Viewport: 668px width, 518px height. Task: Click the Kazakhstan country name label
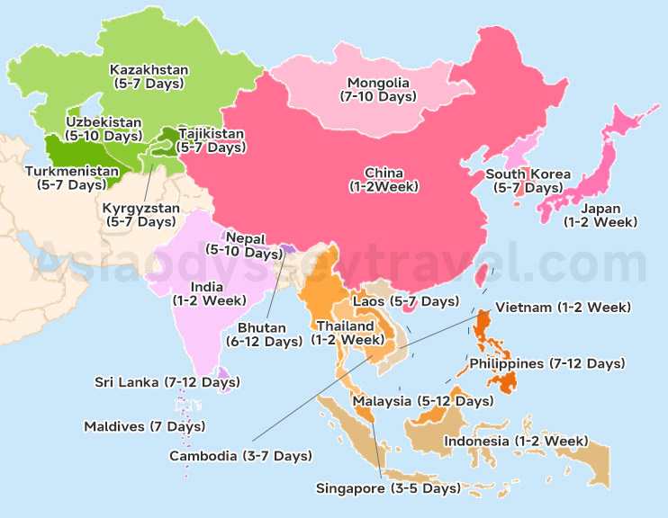coord(148,69)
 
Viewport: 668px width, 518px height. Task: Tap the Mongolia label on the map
coord(378,83)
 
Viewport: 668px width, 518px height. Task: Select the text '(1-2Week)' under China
coord(384,187)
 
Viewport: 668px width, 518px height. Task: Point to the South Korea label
coord(528,174)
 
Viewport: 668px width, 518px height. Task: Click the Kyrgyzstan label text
coord(141,208)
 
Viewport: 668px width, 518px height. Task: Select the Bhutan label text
coord(262,327)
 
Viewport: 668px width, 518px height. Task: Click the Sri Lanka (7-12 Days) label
coord(167,382)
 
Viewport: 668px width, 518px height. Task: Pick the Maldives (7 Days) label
coord(144,425)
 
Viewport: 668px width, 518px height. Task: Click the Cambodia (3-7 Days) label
coord(240,456)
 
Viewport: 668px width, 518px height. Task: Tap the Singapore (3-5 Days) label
coord(388,488)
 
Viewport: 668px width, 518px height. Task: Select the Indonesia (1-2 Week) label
coord(515,441)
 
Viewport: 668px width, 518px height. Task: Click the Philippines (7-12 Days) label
coord(546,363)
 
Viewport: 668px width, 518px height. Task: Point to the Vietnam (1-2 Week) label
coord(563,307)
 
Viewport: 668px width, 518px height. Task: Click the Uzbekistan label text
coord(104,121)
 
